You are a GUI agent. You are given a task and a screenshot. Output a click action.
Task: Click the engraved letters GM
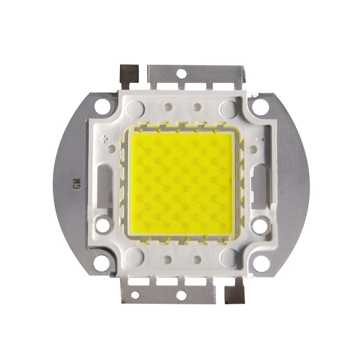[77, 184]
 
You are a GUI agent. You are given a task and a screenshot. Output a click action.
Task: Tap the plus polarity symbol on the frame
[104, 139]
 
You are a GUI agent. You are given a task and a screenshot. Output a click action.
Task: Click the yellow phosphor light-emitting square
[181, 183]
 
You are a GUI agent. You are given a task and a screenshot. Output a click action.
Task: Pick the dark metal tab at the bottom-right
[235, 291]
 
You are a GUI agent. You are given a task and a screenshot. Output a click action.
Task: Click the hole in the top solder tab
[181, 74]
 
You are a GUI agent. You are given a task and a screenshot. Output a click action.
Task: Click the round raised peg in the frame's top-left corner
[135, 108]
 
